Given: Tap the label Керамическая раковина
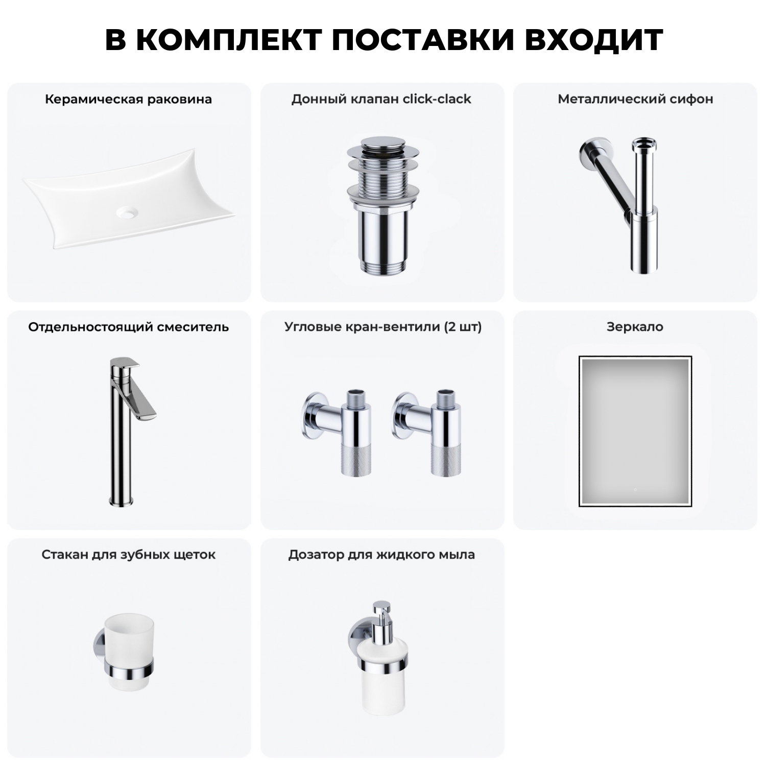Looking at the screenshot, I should click(128, 99).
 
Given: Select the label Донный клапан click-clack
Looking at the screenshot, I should click(381, 99).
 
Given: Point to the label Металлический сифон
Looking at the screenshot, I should click(635, 99).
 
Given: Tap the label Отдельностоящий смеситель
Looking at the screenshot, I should click(128, 327).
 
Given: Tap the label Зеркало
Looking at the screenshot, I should click(635, 327).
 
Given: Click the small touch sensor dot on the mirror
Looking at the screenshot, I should click(635, 489).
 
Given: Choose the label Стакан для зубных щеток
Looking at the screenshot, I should click(128, 555).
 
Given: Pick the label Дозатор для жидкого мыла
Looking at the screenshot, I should click(381, 555).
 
